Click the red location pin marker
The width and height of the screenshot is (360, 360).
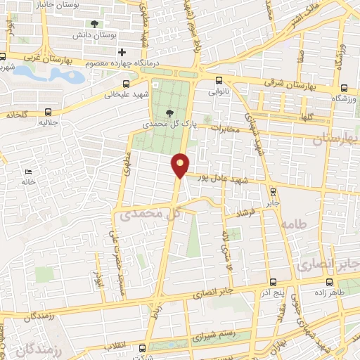pos(181,165)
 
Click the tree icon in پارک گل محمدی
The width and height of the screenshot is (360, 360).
pos(169,113)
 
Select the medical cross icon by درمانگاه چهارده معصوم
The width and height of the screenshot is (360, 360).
pos(122,52)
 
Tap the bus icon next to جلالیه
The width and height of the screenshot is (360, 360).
pos(49,111)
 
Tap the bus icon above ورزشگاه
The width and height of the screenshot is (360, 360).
pos(343,88)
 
